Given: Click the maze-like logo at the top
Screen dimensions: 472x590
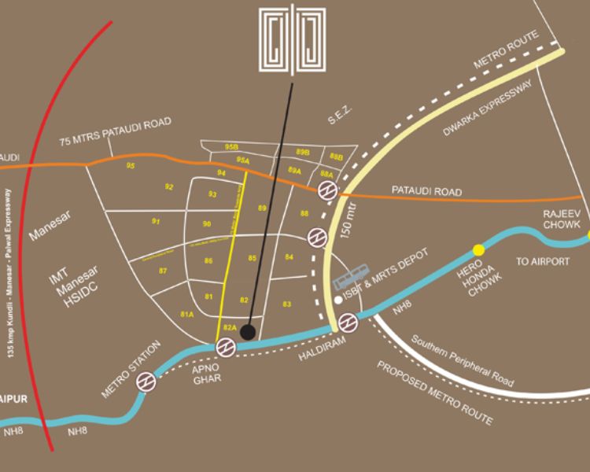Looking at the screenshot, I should coord(292,39).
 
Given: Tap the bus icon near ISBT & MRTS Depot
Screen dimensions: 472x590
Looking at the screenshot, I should coord(352,278).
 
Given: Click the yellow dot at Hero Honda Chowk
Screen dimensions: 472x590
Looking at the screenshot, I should coord(478,250).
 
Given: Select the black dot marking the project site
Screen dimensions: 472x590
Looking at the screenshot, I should coord(247,332).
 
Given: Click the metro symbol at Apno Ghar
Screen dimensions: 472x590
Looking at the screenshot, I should coord(226,346).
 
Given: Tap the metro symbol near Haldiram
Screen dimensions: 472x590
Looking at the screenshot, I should coord(348,322).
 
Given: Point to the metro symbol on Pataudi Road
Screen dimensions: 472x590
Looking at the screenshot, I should coord(327,190).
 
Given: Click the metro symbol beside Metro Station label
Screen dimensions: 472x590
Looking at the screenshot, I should coord(145,382).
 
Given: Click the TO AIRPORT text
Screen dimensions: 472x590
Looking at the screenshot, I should coord(542,261).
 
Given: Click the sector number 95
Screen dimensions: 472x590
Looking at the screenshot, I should coord(131,166).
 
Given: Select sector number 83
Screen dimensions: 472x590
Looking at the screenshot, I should coord(287,304).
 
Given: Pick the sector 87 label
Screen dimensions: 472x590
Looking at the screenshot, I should coord(163,271).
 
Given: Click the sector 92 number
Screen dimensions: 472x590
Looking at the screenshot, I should coord(169,187).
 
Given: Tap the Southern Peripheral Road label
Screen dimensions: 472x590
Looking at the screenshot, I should coord(463,363).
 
